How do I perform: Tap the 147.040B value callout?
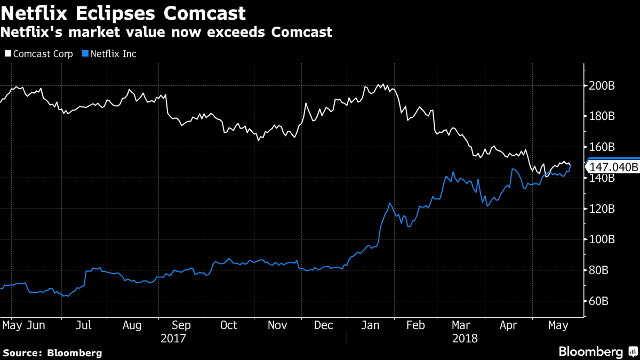613,167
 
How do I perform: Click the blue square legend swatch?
85,54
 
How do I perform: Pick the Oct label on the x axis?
229,325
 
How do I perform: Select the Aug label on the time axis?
132,325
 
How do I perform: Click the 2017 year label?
173,339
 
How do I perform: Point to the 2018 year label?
465,339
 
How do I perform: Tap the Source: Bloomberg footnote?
52,353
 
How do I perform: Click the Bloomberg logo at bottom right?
597,352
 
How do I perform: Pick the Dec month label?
324,325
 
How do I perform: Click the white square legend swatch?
7,54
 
